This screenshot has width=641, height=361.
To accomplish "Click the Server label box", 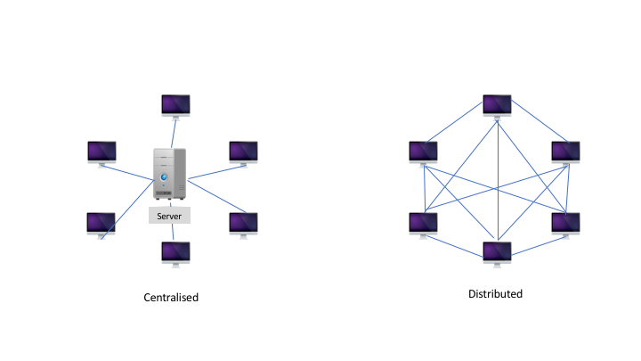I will pos(169,216).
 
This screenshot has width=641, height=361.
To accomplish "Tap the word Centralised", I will pos(171,297).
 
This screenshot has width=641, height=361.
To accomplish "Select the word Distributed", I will pos(495,293).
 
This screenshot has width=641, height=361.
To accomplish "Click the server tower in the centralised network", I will pos(168,174).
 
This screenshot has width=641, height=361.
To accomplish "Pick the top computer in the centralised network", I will pos(175,105).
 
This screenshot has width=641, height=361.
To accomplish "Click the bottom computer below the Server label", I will pos(175,252).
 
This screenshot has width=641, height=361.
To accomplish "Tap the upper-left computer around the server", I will pos(101,152).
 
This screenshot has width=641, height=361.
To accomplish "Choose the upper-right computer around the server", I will pos(243,152).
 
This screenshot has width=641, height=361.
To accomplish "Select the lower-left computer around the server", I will pos(101,223).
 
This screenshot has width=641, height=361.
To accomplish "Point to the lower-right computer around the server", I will pos(243,223).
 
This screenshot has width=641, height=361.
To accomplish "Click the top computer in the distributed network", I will pos(496,105).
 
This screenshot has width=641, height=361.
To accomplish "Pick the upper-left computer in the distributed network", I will pos(423,152).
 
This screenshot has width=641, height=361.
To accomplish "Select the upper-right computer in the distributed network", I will pos(566,152).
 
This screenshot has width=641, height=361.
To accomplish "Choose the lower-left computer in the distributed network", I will pos(423,223).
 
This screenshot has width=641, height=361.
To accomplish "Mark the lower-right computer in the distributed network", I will pos(566,223).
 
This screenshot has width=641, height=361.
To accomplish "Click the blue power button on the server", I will pos(162,176).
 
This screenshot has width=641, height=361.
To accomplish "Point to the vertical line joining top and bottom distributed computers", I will pos(496,178).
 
